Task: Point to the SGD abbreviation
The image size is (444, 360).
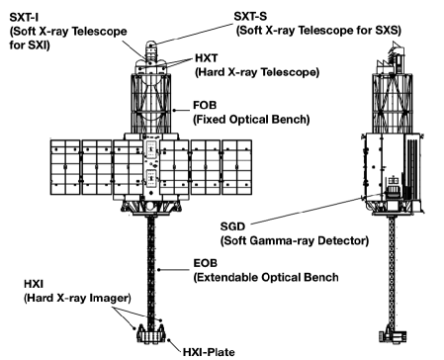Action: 234,225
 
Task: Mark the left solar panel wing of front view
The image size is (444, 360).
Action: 74,165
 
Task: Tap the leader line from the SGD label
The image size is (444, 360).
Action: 316,207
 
